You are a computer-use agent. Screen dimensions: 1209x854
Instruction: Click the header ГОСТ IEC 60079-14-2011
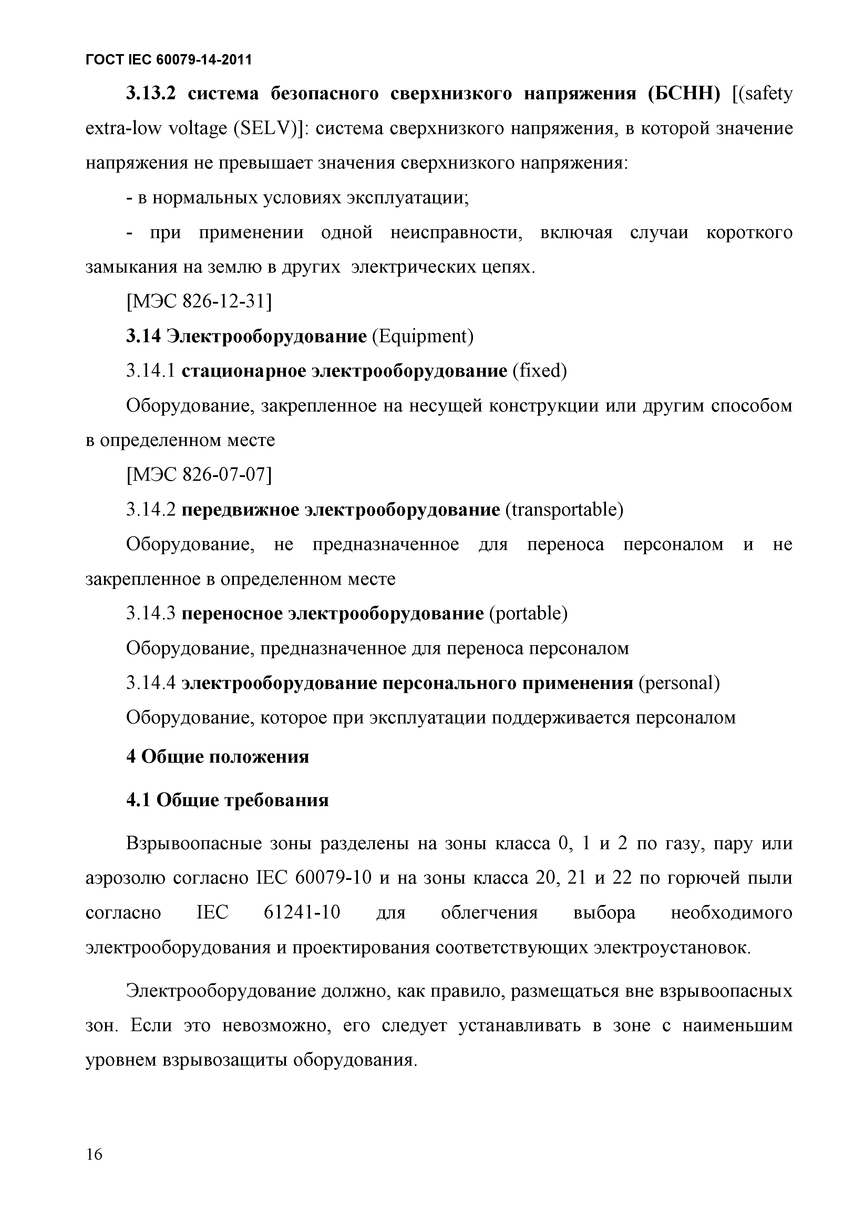(x=168, y=60)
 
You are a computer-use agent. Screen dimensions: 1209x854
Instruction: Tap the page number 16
(x=94, y=1154)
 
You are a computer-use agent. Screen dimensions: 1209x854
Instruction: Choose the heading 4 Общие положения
(x=217, y=757)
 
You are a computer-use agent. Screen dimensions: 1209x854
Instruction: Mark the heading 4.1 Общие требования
(x=227, y=800)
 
